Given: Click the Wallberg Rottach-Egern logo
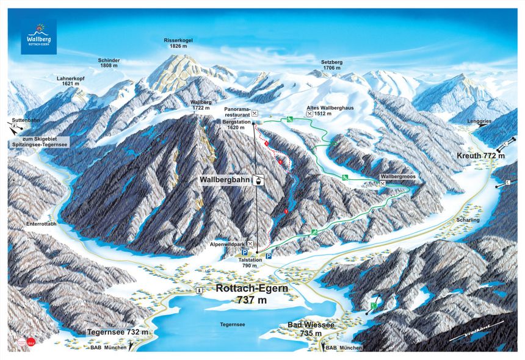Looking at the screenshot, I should pos(38,37).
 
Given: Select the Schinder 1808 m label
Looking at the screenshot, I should pos(109,64).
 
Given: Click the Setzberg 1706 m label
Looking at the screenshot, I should pos(332,65).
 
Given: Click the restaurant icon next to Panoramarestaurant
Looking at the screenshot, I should pos(255,113).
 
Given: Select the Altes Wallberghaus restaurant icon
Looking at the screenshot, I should pos(310,113).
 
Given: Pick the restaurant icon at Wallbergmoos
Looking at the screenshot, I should pos(382,183).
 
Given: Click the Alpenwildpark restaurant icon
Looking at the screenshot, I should pos(251,243).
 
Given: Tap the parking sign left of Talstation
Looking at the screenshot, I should pos(244,253).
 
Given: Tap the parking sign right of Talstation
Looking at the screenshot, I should pos(268,257).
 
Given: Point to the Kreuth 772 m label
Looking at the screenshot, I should pos(480,157).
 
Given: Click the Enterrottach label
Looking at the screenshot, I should pos(41,224).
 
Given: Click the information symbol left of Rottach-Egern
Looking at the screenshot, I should pos(199,290).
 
